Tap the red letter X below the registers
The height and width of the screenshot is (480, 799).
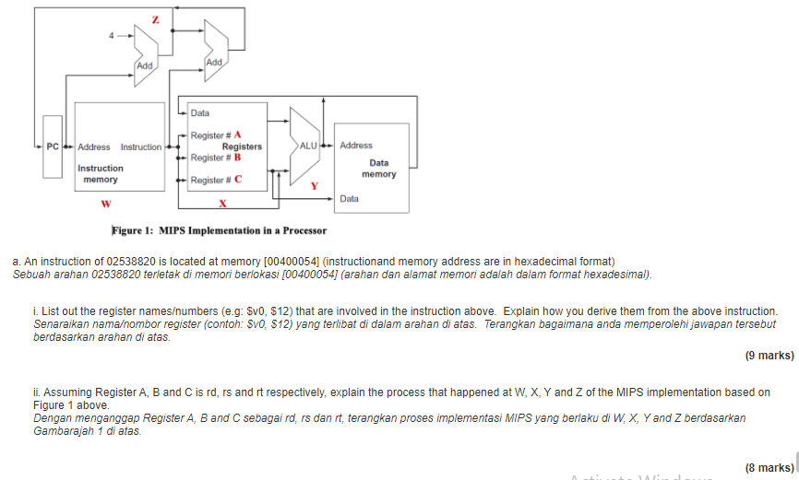coord(222,204)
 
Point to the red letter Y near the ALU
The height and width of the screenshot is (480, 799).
coord(313,186)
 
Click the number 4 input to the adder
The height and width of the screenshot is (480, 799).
coord(112,36)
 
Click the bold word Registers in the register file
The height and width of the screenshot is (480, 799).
coord(241,146)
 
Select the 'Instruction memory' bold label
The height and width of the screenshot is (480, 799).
coord(100,173)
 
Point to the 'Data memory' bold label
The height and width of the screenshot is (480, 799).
coord(378,169)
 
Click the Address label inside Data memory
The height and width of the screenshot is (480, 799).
coord(356,146)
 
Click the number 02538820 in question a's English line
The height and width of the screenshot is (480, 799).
coord(136,262)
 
